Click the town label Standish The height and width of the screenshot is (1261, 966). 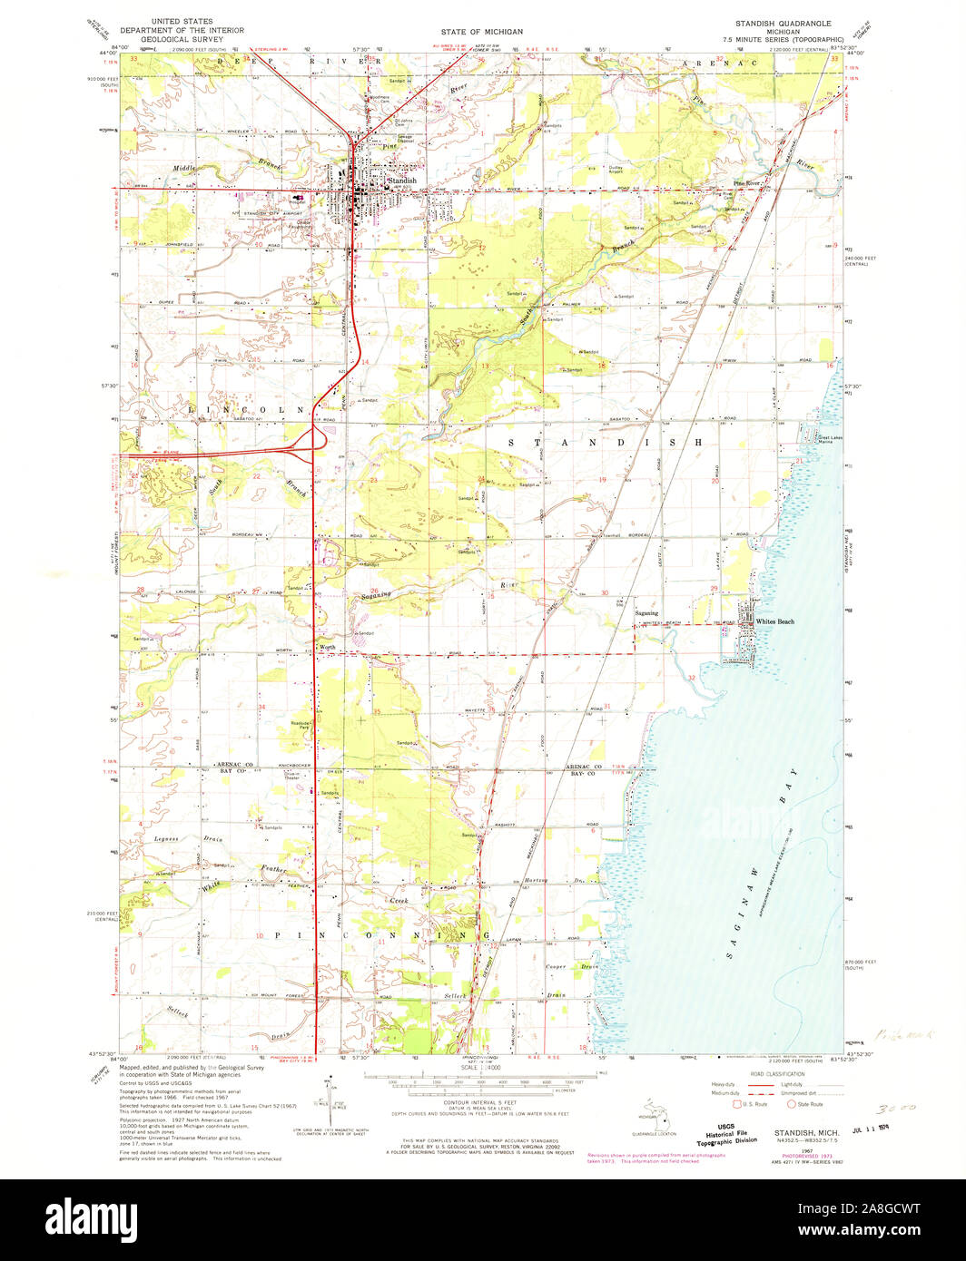[401, 181]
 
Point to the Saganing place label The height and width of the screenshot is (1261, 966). [646, 613]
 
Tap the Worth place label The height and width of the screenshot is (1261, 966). [327, 647]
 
